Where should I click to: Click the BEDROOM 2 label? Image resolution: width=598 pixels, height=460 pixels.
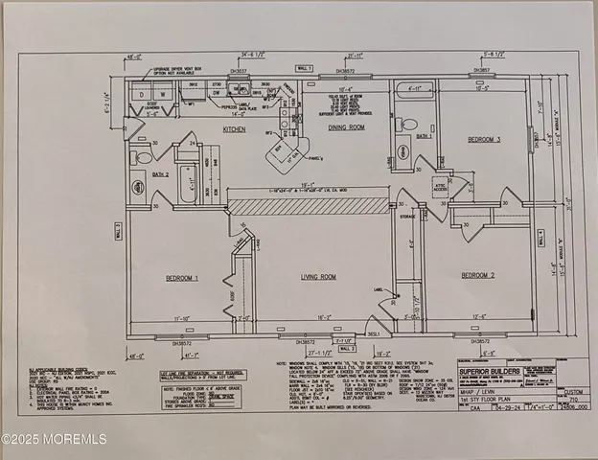(x=479, y=276)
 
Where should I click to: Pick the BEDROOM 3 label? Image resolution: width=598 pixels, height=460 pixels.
(x=490, y=138)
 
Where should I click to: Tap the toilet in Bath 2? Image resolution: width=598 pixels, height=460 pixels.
(x=144, y=156)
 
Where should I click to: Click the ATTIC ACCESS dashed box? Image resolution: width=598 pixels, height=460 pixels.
(x=442, y=186)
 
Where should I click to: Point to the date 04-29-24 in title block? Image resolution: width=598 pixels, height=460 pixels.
(x=523, y=405)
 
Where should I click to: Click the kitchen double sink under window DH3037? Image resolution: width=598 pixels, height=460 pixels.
(x=243, y=91)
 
